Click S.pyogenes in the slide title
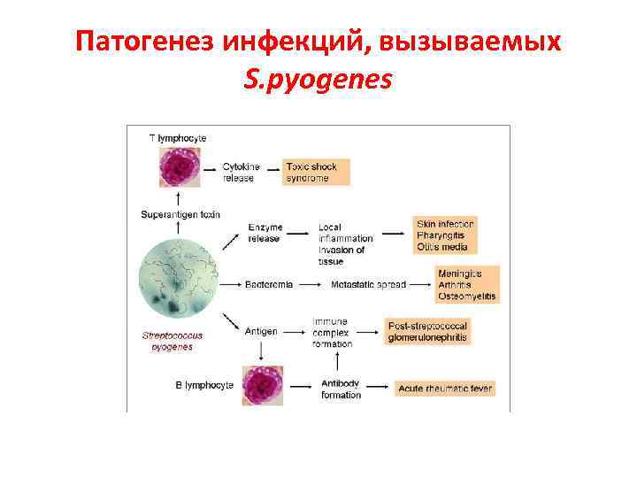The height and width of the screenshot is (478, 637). click(x=318, y=81)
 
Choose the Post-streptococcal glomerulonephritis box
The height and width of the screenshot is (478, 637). click(x=427, y=332)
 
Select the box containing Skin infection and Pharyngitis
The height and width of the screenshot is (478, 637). click(x=444, y=235)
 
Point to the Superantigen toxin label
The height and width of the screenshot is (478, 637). click(x=180, y=214)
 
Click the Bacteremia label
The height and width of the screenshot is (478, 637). click(x=270, y=284)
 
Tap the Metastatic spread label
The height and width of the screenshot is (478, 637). click(x=368, y=284)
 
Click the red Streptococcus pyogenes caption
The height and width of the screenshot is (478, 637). click(x=173, y=341)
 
